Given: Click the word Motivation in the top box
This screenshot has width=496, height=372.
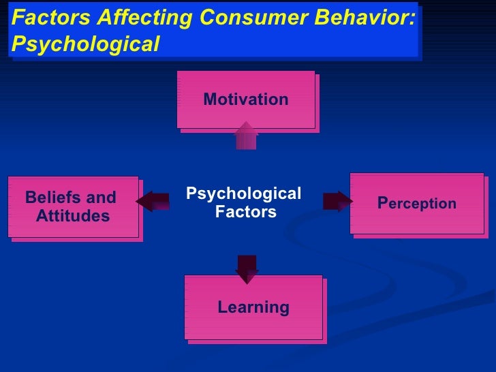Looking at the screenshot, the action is (x=246, y=100).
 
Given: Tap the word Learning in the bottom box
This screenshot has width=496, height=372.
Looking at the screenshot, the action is (x=253, y=308).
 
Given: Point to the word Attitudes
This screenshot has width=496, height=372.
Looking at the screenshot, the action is (x=72, y=217).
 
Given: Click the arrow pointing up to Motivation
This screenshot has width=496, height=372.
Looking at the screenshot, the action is (x=246, y=136).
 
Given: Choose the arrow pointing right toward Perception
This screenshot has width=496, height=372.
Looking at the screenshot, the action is (x=337, y=201).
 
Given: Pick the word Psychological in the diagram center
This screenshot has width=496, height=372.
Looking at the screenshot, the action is (x=243, y=194).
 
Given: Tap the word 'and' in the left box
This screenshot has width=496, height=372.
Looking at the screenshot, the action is (x=102, y=198).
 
